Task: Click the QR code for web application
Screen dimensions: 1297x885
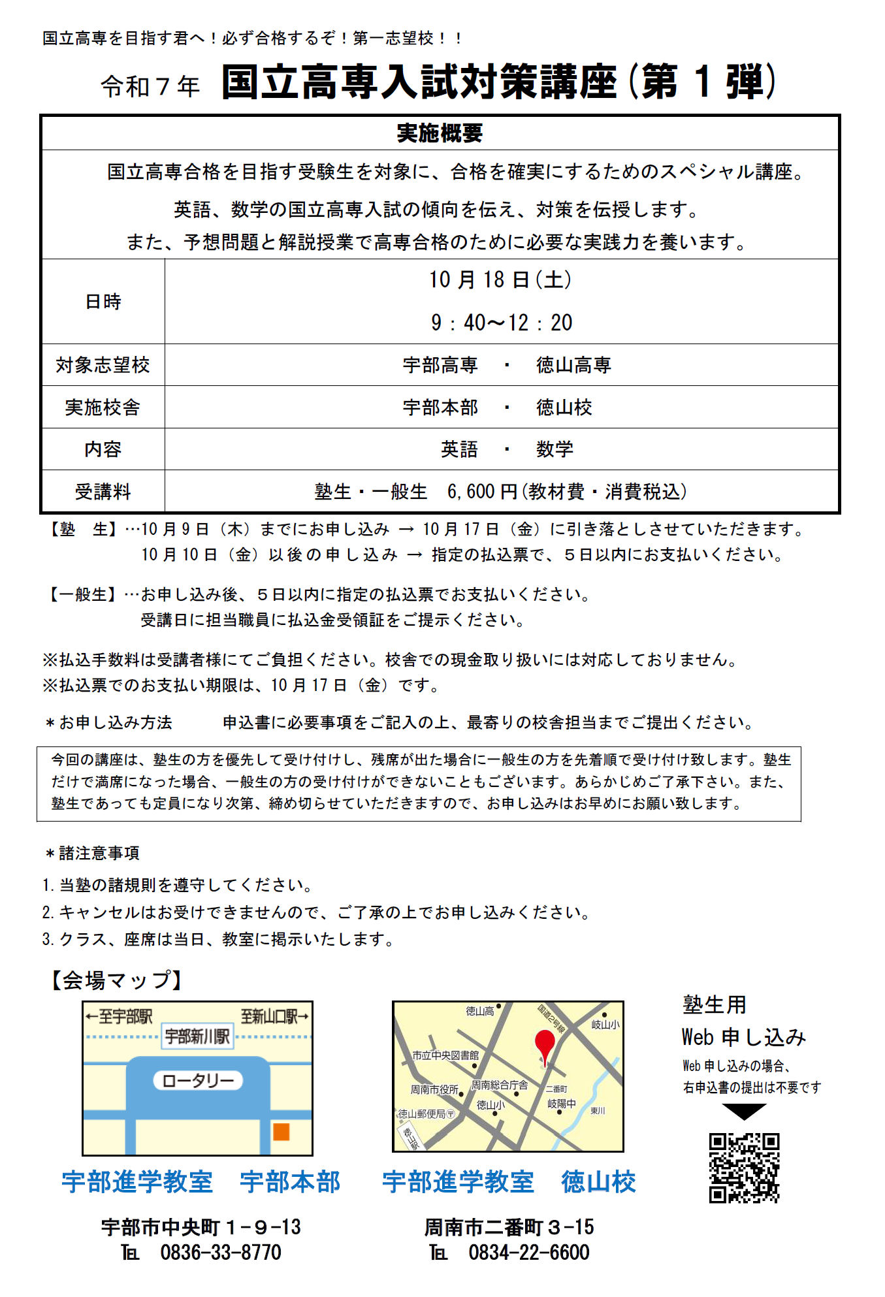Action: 744,1168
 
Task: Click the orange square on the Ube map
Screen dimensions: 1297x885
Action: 281,1131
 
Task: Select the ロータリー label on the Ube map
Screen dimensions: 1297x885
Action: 198,1081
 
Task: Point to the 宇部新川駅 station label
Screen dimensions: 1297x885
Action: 197,1036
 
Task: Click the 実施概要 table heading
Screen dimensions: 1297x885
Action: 440,133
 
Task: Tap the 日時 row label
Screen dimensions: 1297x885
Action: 103,302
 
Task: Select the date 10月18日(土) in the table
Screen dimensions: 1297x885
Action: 500,280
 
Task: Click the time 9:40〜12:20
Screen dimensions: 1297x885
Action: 501,323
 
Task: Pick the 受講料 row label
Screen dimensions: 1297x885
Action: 103,492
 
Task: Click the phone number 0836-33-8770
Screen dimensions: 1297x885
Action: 221,1252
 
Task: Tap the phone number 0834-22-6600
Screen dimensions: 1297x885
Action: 529,1252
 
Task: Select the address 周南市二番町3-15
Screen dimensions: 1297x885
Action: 509,1227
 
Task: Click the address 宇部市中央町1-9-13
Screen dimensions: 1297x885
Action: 201,1227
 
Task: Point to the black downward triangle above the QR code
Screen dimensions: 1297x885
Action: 744,1112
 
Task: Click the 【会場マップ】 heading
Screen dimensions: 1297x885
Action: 117,980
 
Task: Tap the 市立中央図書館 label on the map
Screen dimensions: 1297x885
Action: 445,1055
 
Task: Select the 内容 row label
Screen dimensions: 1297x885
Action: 103,449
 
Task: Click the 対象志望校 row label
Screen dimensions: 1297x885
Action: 103,365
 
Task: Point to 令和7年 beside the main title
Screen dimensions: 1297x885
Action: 150,86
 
